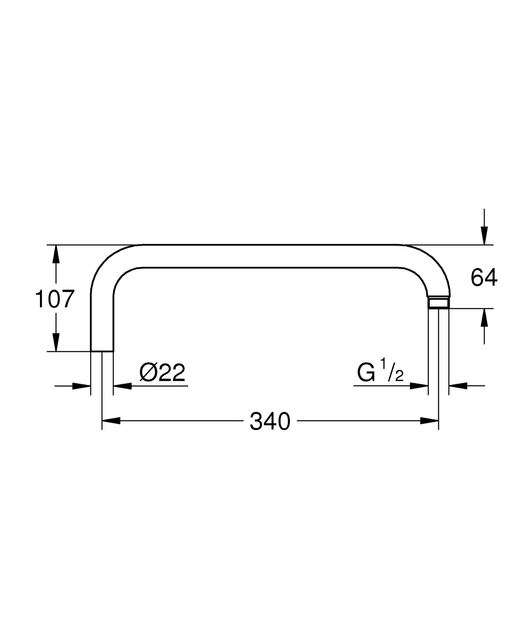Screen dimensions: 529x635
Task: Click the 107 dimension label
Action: [x=55, y=299]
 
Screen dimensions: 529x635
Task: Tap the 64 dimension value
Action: [x=484, y=278]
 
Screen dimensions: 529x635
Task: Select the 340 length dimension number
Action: [x=270, y=421]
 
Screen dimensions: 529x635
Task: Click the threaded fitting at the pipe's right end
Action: [x=439, y=303]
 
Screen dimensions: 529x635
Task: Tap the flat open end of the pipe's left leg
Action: [x=102, y=351]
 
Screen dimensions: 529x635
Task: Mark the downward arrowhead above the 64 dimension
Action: [x=484, y=236]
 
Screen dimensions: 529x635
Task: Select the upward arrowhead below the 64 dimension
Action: [x=484, y=317]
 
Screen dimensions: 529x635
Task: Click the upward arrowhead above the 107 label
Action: [x=56, y=254]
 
